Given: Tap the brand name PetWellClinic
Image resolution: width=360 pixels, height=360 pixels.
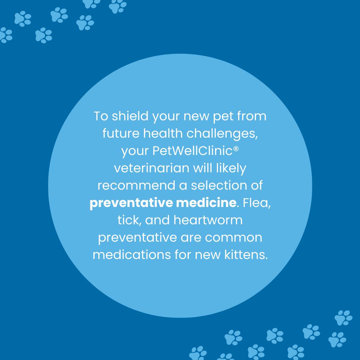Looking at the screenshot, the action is click(192, 151).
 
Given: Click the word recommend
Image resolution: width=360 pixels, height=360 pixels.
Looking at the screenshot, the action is click(136, 186).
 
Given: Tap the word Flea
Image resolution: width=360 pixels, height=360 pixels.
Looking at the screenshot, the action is click(255, 203).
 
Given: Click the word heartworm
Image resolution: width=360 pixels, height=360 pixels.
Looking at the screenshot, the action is click(208, 220).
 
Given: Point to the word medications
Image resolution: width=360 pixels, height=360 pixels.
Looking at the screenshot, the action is click(132, 255).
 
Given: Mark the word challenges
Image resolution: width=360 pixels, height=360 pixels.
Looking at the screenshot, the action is click(221, 134).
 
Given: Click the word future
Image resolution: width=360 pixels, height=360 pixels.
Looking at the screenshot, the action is click(121, 133).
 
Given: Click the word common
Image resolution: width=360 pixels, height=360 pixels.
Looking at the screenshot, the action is click(233, 238).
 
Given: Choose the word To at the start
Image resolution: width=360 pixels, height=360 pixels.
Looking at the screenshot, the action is click(101, 116).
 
